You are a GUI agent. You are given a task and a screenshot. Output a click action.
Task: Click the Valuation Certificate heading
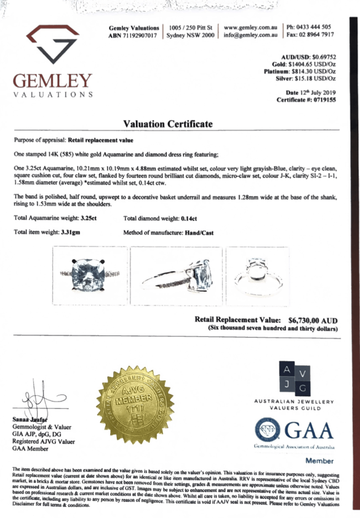tap(168, 124)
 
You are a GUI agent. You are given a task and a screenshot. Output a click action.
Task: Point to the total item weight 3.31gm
tap(72, 233)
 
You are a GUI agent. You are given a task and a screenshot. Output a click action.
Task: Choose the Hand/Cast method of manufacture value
tap(199, 233)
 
